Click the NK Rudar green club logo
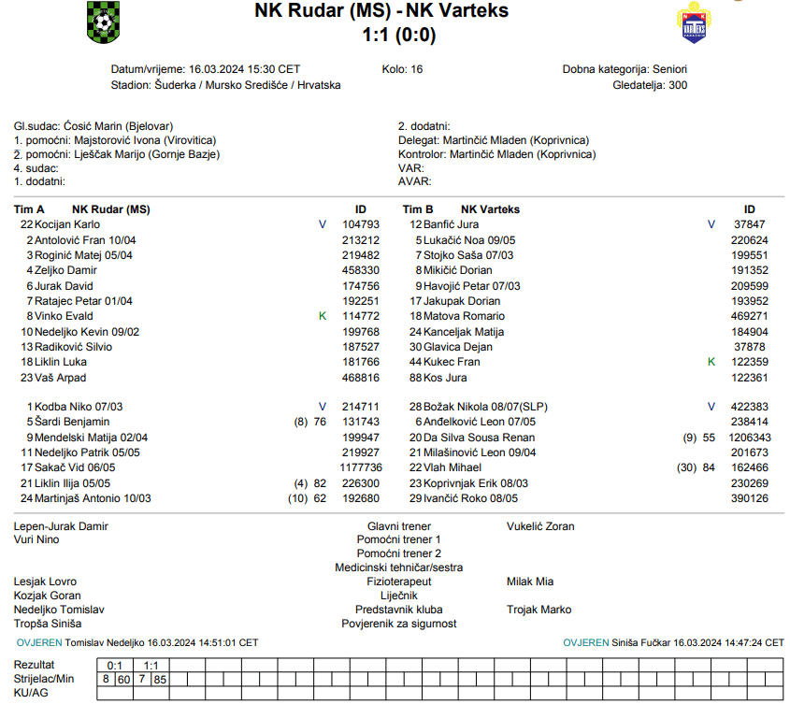103,22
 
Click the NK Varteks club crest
692,23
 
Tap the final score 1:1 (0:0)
398,36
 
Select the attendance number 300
678,85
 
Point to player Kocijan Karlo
67,224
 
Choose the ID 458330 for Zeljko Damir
361,270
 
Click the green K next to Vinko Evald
323,316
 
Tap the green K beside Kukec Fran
711,362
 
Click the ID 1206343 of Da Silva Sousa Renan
750,438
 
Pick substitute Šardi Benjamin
72,423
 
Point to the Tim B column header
418,209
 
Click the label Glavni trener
399,526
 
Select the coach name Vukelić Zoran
540,526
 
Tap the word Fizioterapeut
399,582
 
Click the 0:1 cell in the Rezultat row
115,665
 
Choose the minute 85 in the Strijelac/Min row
160,679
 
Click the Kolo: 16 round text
403,69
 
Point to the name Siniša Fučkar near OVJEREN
641,643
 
